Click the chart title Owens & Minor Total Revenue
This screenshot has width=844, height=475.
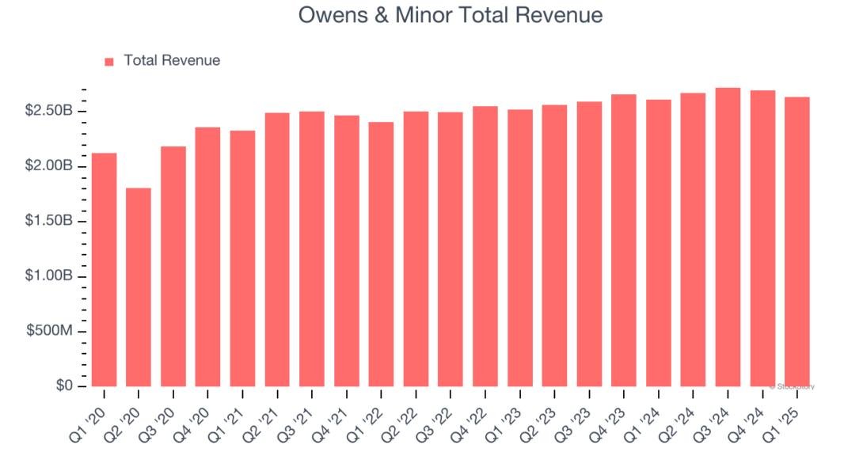tap(451, 15)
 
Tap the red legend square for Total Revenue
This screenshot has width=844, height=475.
tap(109, 61)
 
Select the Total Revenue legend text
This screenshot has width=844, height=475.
tap(172, 60)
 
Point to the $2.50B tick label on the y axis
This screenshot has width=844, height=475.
tap(49, 110)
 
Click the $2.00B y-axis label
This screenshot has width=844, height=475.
tap(49, 165)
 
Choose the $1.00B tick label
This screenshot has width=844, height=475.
tap(49, 275)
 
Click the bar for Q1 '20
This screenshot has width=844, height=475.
tap(104, 269)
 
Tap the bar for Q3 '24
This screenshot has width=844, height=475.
tap(728, 237)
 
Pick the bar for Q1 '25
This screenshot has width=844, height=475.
tap(796, 241)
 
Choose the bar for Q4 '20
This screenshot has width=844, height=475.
tap(207, 256)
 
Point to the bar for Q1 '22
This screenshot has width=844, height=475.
tap(381, 254)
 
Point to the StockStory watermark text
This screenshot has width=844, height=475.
tap(792, 386)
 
